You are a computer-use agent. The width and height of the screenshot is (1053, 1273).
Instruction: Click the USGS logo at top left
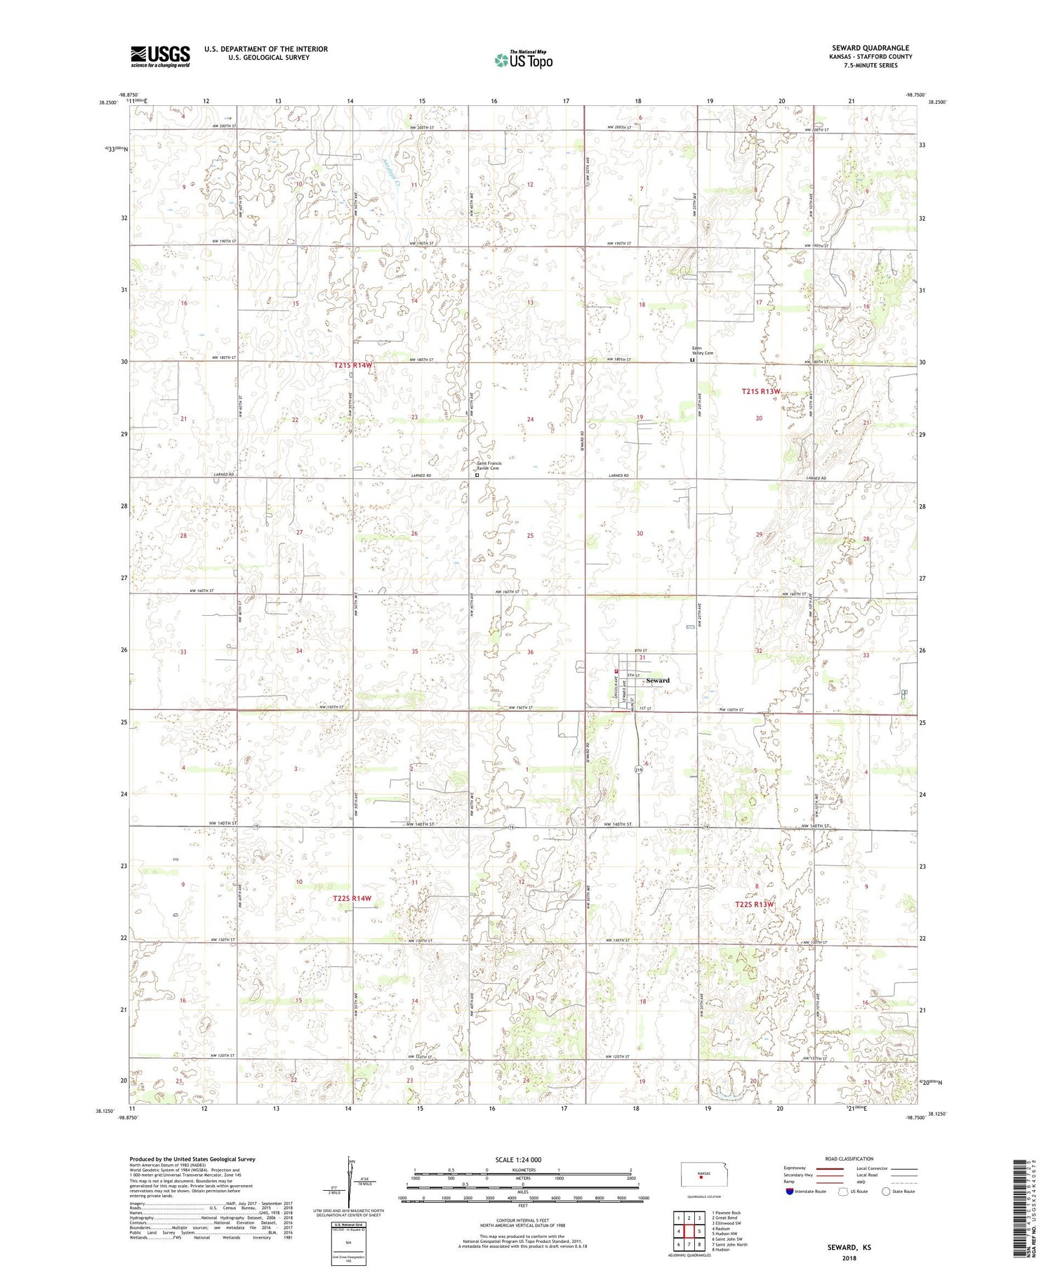(160, 56)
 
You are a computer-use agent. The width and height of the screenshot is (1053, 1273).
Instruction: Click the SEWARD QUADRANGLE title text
(870, 48)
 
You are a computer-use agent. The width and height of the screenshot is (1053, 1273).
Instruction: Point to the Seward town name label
(657, 680)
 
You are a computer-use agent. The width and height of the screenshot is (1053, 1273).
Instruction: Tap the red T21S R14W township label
(353, 366)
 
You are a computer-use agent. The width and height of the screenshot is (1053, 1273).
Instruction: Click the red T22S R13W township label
(755, 904)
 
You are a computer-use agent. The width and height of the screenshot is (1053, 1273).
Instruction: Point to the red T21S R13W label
(761, 392)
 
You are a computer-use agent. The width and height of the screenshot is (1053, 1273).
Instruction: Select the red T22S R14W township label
(352, 898)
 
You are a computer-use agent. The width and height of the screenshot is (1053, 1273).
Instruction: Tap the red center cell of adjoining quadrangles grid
(689, 1230)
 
